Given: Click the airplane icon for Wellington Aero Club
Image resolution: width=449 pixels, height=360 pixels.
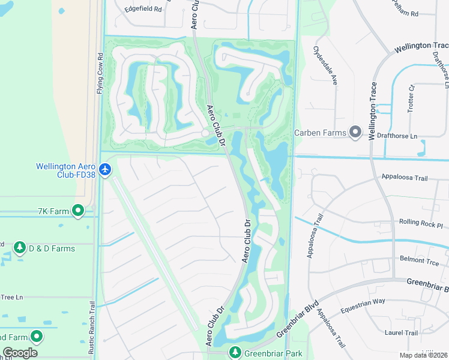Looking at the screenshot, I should (106, 170).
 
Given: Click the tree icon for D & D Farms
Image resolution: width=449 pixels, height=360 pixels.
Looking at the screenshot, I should (19, 248).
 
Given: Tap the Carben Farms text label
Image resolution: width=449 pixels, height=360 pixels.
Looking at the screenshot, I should (319, 133).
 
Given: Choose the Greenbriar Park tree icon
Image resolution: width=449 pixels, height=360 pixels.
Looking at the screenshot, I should (235, 353).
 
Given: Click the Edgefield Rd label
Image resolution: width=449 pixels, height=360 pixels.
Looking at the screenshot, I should (143, 9).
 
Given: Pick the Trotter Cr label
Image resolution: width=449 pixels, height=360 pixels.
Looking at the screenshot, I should (412, 95).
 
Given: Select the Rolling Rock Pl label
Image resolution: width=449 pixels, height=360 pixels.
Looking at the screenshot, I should (420, 222).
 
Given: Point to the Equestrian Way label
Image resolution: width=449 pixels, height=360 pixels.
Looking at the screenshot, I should (362, 305).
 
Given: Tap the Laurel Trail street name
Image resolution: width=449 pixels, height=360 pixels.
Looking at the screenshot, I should (403, 333).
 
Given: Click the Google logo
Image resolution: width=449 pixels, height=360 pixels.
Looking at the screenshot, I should (20, 353).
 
